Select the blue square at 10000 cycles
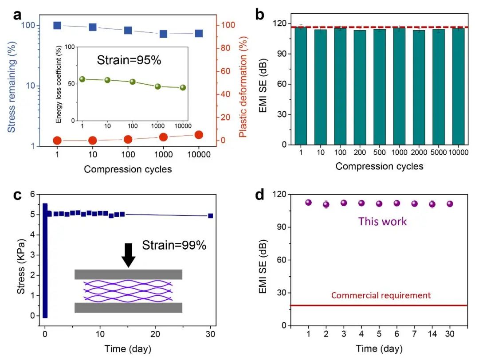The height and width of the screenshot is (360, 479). click(199, 33)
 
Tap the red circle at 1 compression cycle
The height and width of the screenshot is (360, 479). click(57, 141)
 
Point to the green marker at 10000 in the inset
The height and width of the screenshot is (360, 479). click(183, 88)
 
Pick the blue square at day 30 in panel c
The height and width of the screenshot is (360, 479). click(210, 216)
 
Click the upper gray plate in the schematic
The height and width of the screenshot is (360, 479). click(128, 274)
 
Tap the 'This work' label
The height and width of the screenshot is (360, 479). click(382, 221)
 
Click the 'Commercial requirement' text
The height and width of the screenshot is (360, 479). click(381, 295)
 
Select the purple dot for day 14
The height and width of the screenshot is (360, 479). click(432, 204)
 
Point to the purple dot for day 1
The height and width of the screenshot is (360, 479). click(309, 203)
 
